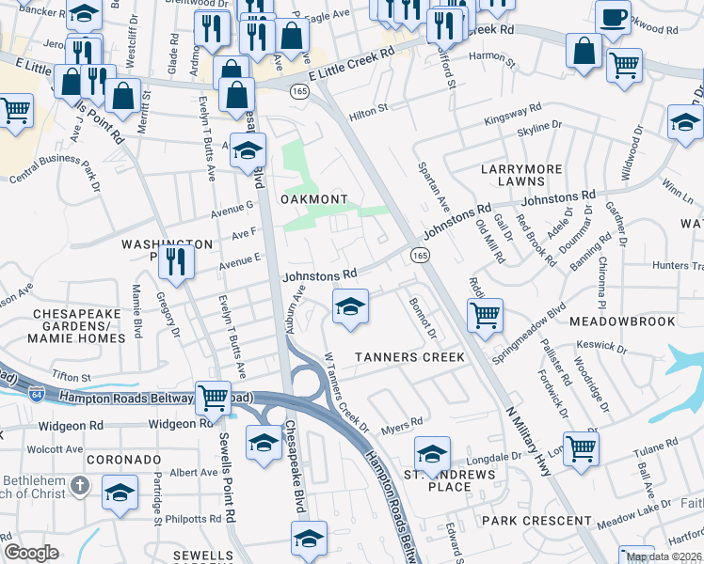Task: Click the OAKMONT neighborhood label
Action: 314,199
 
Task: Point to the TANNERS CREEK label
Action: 409,357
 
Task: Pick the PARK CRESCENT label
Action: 525,520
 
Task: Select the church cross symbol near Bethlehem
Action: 81,486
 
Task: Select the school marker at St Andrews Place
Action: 432,456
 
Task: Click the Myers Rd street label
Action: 402,429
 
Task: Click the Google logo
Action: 31,554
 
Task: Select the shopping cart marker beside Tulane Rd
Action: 581,447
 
